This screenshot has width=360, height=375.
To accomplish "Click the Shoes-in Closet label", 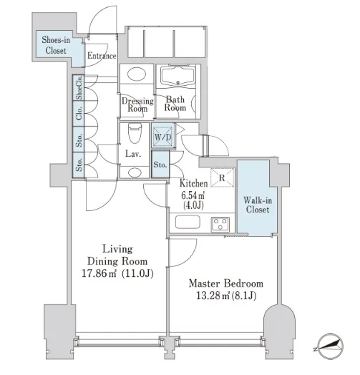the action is click(x=56, y=45).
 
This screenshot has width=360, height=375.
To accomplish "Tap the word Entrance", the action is click(x=102, y=56).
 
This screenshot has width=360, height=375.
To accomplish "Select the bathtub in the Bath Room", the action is click(x=178, y=74).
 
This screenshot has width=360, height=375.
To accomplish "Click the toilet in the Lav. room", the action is click(x=135, y=132).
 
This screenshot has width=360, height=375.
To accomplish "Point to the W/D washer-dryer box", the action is click(x=163, y=137).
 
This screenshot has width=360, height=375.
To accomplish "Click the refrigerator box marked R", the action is click(x=222, y=177).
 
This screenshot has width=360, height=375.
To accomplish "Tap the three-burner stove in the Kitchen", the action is click(x=220, y=224).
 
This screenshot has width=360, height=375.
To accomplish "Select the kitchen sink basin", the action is click(x=188, y=222).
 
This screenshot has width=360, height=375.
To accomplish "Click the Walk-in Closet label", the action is click(x=258, y=205).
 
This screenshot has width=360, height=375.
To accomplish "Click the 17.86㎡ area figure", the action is click(x=99, y=273).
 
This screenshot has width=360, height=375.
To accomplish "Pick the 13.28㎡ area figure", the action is click(x=213, y=296).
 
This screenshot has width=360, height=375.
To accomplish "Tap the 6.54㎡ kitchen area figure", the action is click(x=193, y=195).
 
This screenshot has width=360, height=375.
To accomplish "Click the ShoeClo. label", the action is click(x=79, y=87).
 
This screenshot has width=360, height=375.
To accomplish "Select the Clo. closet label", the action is click(x=79, y=113).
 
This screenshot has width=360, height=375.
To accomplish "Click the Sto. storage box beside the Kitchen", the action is click(x=160, y=164).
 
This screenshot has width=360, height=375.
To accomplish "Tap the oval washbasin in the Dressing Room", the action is click(x=137, y=74).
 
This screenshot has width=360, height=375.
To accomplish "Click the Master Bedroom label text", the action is click(x=226, y=283).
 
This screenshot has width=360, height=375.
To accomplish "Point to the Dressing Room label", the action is click(x=137, y=104).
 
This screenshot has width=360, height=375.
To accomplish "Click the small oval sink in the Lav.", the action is click(x=135, y=172).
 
